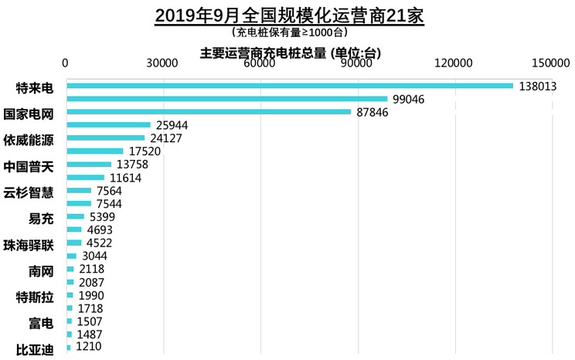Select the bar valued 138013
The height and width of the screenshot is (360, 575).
point(291,86)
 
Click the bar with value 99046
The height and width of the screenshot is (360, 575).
point(227,99)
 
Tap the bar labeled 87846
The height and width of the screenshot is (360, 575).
point(209,112)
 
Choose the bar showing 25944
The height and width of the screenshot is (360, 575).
point(109,124)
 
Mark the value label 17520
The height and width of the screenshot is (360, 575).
point(144,151)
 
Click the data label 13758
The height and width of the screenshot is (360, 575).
point(132,165)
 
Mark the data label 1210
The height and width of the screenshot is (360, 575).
point(90,348)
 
